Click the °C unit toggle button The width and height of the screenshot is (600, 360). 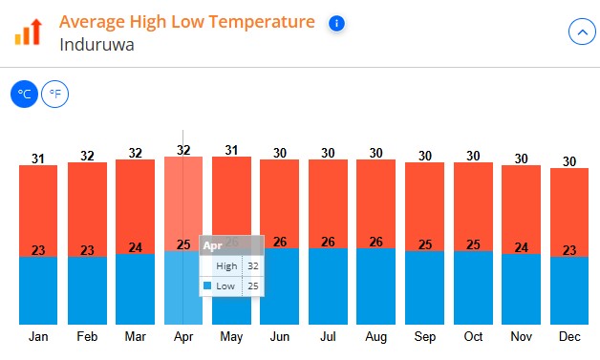coord(25,95)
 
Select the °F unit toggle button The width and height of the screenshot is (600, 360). coord(55,95)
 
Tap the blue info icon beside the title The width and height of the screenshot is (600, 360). coord(335,23)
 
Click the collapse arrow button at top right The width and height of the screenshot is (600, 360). coord(581,32)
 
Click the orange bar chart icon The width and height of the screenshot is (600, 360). coord(29,32)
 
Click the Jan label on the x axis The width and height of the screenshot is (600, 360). coord(38,337)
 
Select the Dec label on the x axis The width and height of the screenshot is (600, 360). coord(569,337)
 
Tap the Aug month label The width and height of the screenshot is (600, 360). coord(376,337)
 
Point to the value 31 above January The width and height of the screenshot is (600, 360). coord(38,159)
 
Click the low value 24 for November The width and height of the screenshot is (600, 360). coord(521,247)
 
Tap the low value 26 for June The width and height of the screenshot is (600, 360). coord(279,242)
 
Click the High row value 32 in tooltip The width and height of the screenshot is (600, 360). coord(253,266)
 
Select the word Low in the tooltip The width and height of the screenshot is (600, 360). coord(225,286)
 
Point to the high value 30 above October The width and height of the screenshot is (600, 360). coord(473,156)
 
